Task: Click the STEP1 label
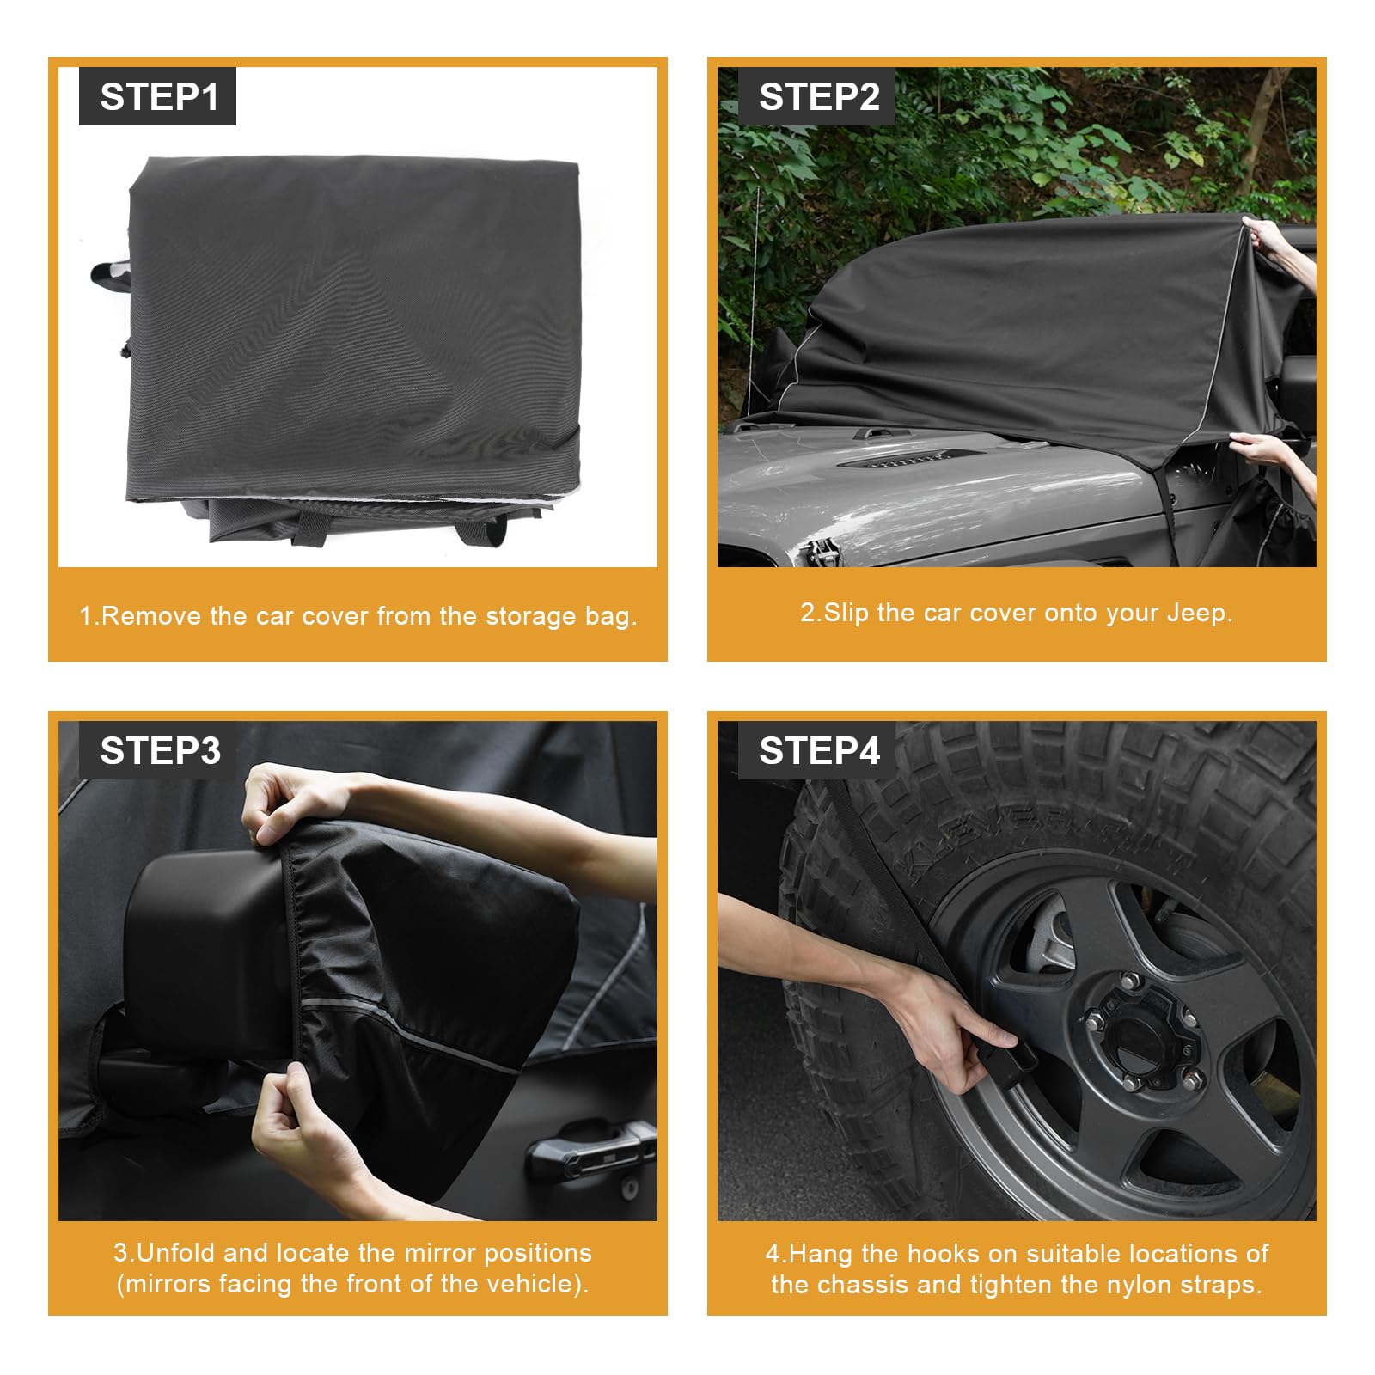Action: tap(158, 96)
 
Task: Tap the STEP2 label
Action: tap(818, 96)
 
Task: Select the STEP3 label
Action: tap(160, 750)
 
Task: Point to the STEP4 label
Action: tap(818, 750)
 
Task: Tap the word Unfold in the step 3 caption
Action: tap(176, 1252)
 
